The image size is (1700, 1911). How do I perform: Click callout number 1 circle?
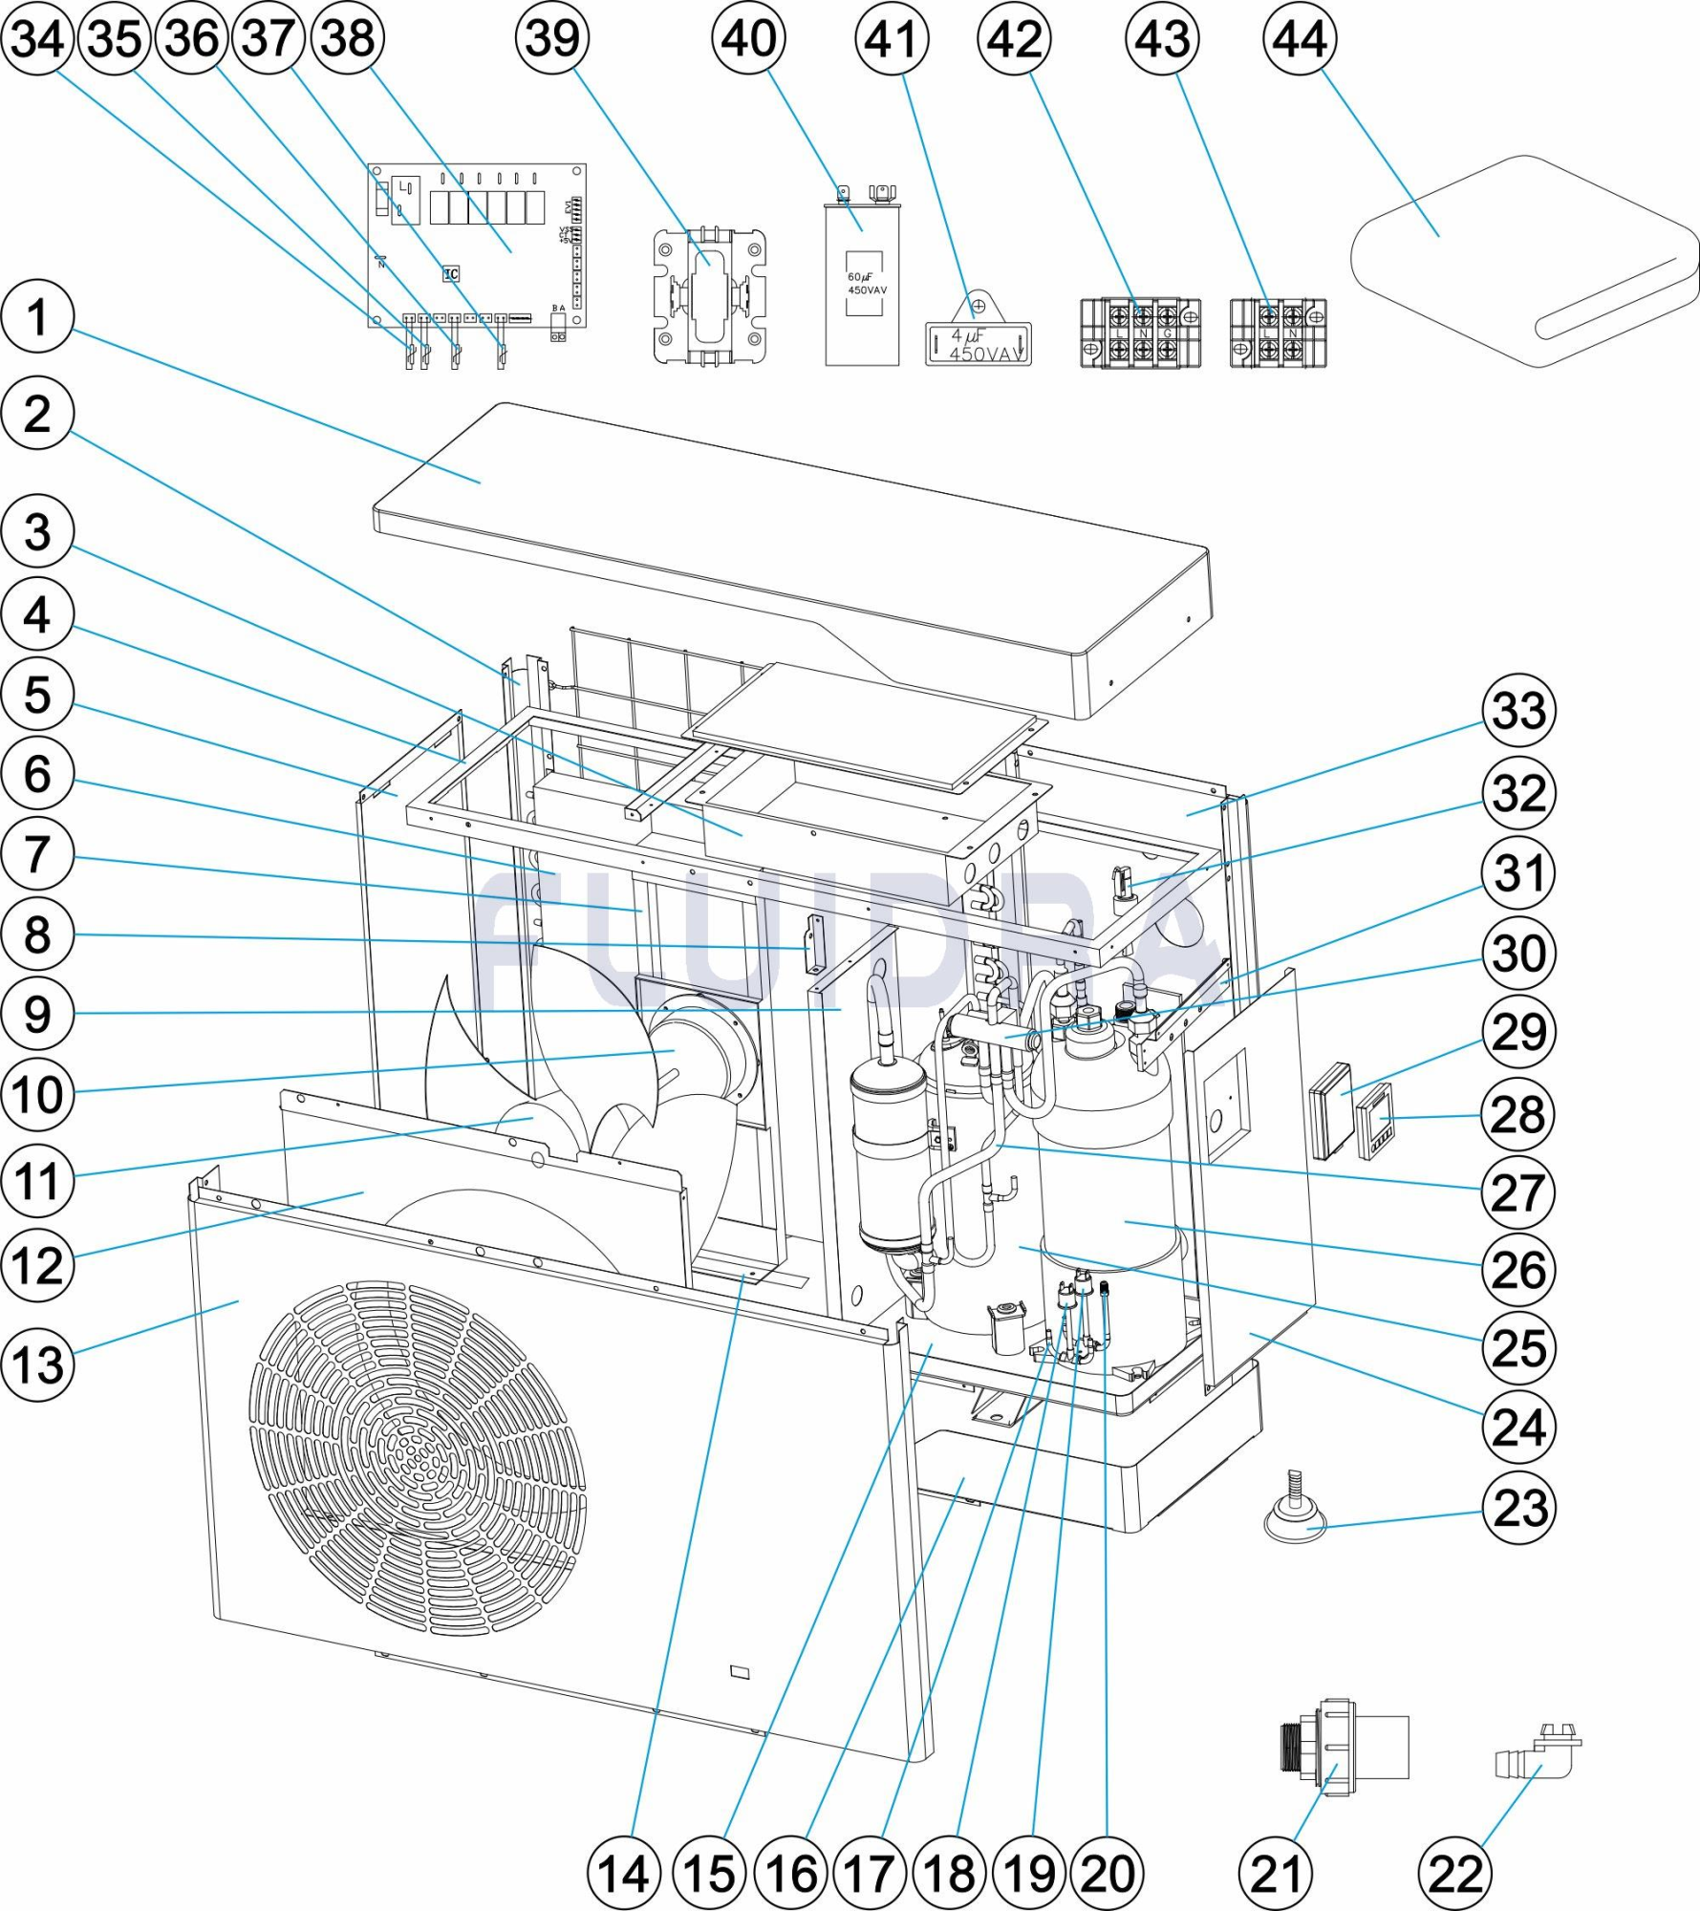37,317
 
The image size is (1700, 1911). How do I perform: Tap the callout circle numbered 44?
1300,39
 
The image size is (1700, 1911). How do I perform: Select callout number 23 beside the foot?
1518,1510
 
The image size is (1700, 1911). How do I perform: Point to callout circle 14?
624,1874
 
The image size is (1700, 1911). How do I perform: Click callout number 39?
552,39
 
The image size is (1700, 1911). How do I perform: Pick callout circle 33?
1518,711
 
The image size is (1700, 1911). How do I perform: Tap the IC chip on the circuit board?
451,274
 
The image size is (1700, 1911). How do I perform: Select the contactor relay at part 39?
709,296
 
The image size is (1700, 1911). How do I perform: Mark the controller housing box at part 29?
1331,1110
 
